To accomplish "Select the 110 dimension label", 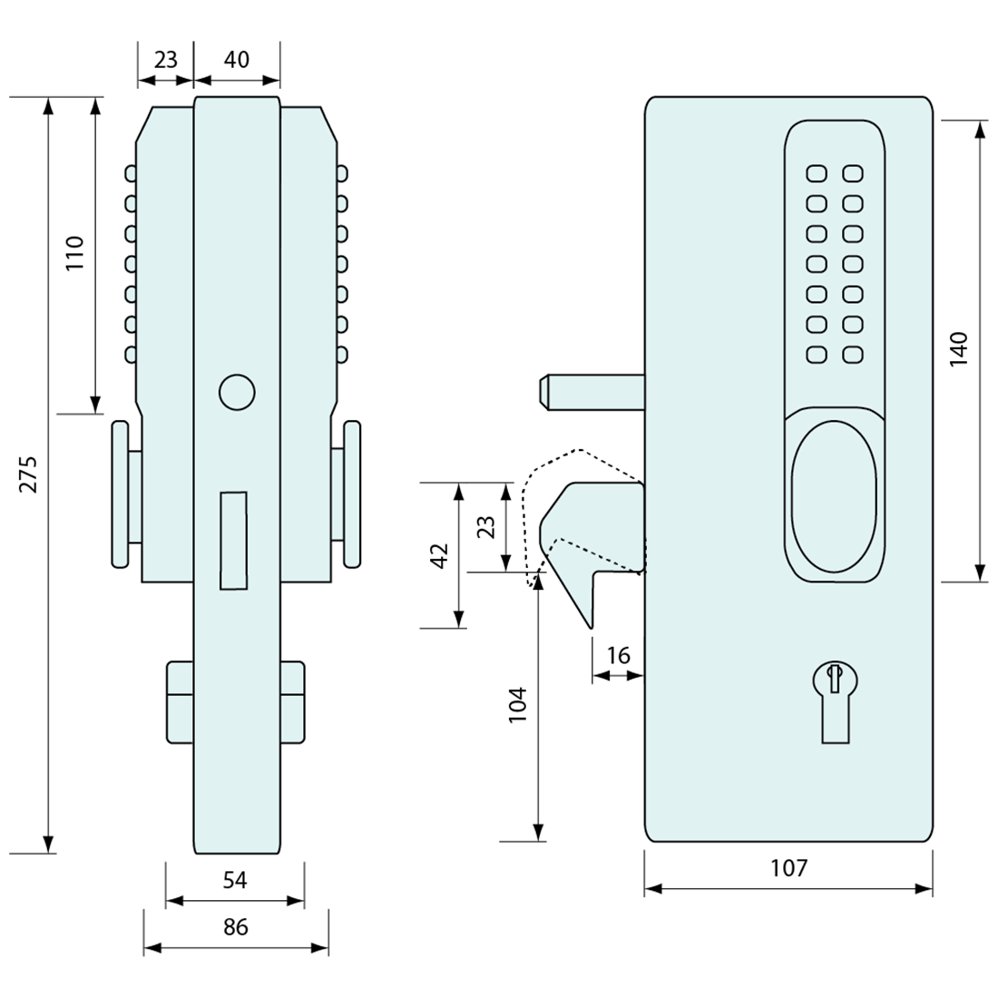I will [x=74, y=254].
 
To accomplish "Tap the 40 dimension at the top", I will [x=236, y=60].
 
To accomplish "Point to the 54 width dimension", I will [x=235, y=880].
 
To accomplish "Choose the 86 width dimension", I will [x=236, y=927].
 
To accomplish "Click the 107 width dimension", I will [x=788, y=868].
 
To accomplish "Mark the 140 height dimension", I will [x=959, y=349].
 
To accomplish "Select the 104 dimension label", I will [x=517, y=705].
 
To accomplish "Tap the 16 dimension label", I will [x=618, y=656].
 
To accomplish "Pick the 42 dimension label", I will [x=440, y=555].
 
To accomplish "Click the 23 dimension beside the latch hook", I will [x=486, y=527].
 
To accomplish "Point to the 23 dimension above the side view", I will [x=166, y=60].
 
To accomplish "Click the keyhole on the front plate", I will [x=834, y=694].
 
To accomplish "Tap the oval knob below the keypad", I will [x=834, y=496].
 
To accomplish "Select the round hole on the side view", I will [x=237, y=391].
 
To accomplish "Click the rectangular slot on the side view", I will [x=234, y=541].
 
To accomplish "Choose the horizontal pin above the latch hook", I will [x=590, y=391].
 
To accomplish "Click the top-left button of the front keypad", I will [x=817, y=173].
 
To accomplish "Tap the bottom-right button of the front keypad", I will [x=852, y=355].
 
